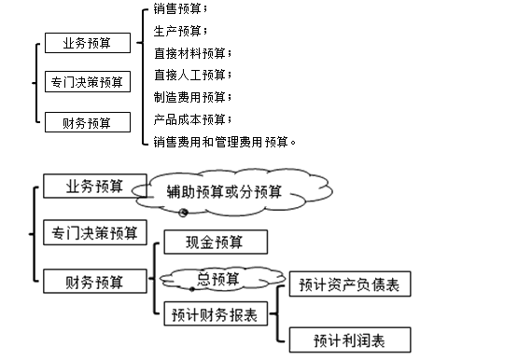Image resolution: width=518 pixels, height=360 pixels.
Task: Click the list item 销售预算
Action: (x=181, y=10)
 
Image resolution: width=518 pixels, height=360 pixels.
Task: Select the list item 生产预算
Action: (x=181, y=32)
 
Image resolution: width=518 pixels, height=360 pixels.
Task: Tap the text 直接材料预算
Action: (x=192, y=53)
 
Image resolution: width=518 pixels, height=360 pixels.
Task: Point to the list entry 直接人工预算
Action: (x=192, y=75)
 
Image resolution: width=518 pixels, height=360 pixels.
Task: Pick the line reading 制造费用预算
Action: (x=192, y=97)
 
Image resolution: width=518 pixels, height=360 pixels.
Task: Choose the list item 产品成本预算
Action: (x=192, y=119)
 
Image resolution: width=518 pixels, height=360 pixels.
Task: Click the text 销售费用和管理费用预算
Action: (x=225, y=142)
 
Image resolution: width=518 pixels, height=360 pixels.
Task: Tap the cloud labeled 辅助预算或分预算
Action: (x=224, y=193)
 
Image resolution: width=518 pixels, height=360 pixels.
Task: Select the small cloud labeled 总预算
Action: (x=217, y=277)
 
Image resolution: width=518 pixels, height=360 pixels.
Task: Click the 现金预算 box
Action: (x=216, y=242)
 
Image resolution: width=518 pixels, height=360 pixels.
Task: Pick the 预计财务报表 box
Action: (x=216, y=313)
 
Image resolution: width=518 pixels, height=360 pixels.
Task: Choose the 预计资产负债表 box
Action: (x=350, y=285)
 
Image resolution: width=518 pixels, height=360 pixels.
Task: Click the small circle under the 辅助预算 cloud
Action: (x=184, y=213)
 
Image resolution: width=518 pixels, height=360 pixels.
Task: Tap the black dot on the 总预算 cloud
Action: (x=192, y=288)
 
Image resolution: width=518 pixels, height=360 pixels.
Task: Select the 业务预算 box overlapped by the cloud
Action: (x=93, y=186)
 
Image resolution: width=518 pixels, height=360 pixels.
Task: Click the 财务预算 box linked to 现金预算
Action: (x=93, y=280)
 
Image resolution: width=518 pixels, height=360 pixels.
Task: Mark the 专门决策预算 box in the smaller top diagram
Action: (x=87, y=82)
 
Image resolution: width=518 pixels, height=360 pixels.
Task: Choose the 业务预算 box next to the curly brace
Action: (x=87, y=44)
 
